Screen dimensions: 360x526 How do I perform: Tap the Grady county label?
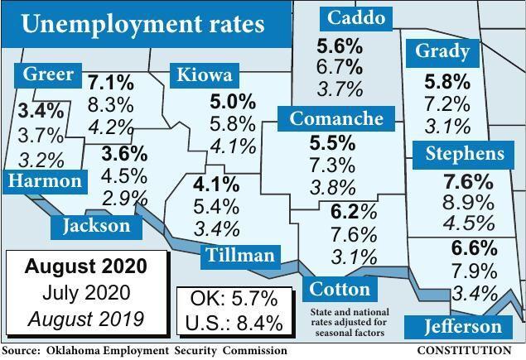[442, 53]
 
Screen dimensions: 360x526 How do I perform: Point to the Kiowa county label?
[203, 76]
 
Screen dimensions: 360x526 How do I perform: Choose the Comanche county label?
[336, 119]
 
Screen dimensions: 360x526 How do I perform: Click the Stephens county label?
[464, 154]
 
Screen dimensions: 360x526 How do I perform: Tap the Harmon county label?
[46, 181]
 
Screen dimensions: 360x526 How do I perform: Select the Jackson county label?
[96, 225]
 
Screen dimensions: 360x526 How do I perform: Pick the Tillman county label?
[239, 255]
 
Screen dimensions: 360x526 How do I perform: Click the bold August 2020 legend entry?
[85, 267]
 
